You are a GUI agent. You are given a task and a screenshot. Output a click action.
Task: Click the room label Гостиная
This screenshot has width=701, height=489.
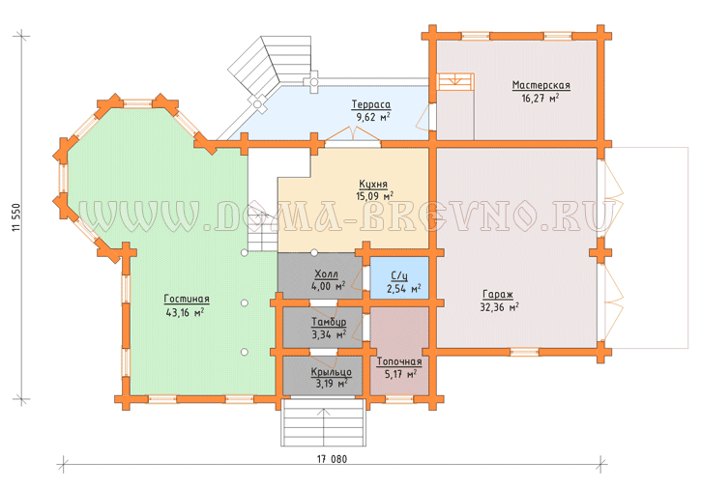[x=187, y=299]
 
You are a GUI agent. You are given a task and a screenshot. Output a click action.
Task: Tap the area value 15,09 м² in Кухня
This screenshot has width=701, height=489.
[x=374, y=196]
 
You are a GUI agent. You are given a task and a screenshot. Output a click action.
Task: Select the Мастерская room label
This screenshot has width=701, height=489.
[x=540, y=85]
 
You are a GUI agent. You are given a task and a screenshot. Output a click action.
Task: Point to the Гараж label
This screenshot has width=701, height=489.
[x=498, y=295]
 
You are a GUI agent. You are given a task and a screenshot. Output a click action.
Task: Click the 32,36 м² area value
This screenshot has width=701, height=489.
[x=499, y=307]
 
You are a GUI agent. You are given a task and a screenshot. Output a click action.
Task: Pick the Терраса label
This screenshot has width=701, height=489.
[x=371, y=104]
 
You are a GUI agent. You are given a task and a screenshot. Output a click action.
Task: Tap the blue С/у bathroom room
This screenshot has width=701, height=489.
[x=399, y=277]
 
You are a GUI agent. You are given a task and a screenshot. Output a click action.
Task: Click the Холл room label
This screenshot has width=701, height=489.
[x=327, y=274]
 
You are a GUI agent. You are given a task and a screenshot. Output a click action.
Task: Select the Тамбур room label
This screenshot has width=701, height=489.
[x=329, y=322]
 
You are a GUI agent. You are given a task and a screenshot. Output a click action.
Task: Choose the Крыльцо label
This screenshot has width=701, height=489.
[x=332, y=372]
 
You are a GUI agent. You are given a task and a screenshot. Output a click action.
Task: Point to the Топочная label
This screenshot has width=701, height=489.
[x=399, y=361]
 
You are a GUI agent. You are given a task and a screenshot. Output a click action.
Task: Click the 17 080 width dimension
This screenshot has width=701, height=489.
[x=332, y=459]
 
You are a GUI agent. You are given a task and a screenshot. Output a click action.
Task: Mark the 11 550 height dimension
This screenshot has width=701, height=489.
[x=16, y=217]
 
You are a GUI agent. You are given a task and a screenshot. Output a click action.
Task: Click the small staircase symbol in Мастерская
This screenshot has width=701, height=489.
[x=455, y=82]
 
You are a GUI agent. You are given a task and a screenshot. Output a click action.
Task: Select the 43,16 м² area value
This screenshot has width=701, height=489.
[x=185, y=312]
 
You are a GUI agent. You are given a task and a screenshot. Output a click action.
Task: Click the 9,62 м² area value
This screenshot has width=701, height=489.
[x=373, y=118]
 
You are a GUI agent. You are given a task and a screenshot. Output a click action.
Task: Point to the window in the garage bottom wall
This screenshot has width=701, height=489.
[x=524, y=352]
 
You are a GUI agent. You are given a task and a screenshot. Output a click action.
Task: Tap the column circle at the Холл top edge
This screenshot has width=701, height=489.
[x=314, y=253]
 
